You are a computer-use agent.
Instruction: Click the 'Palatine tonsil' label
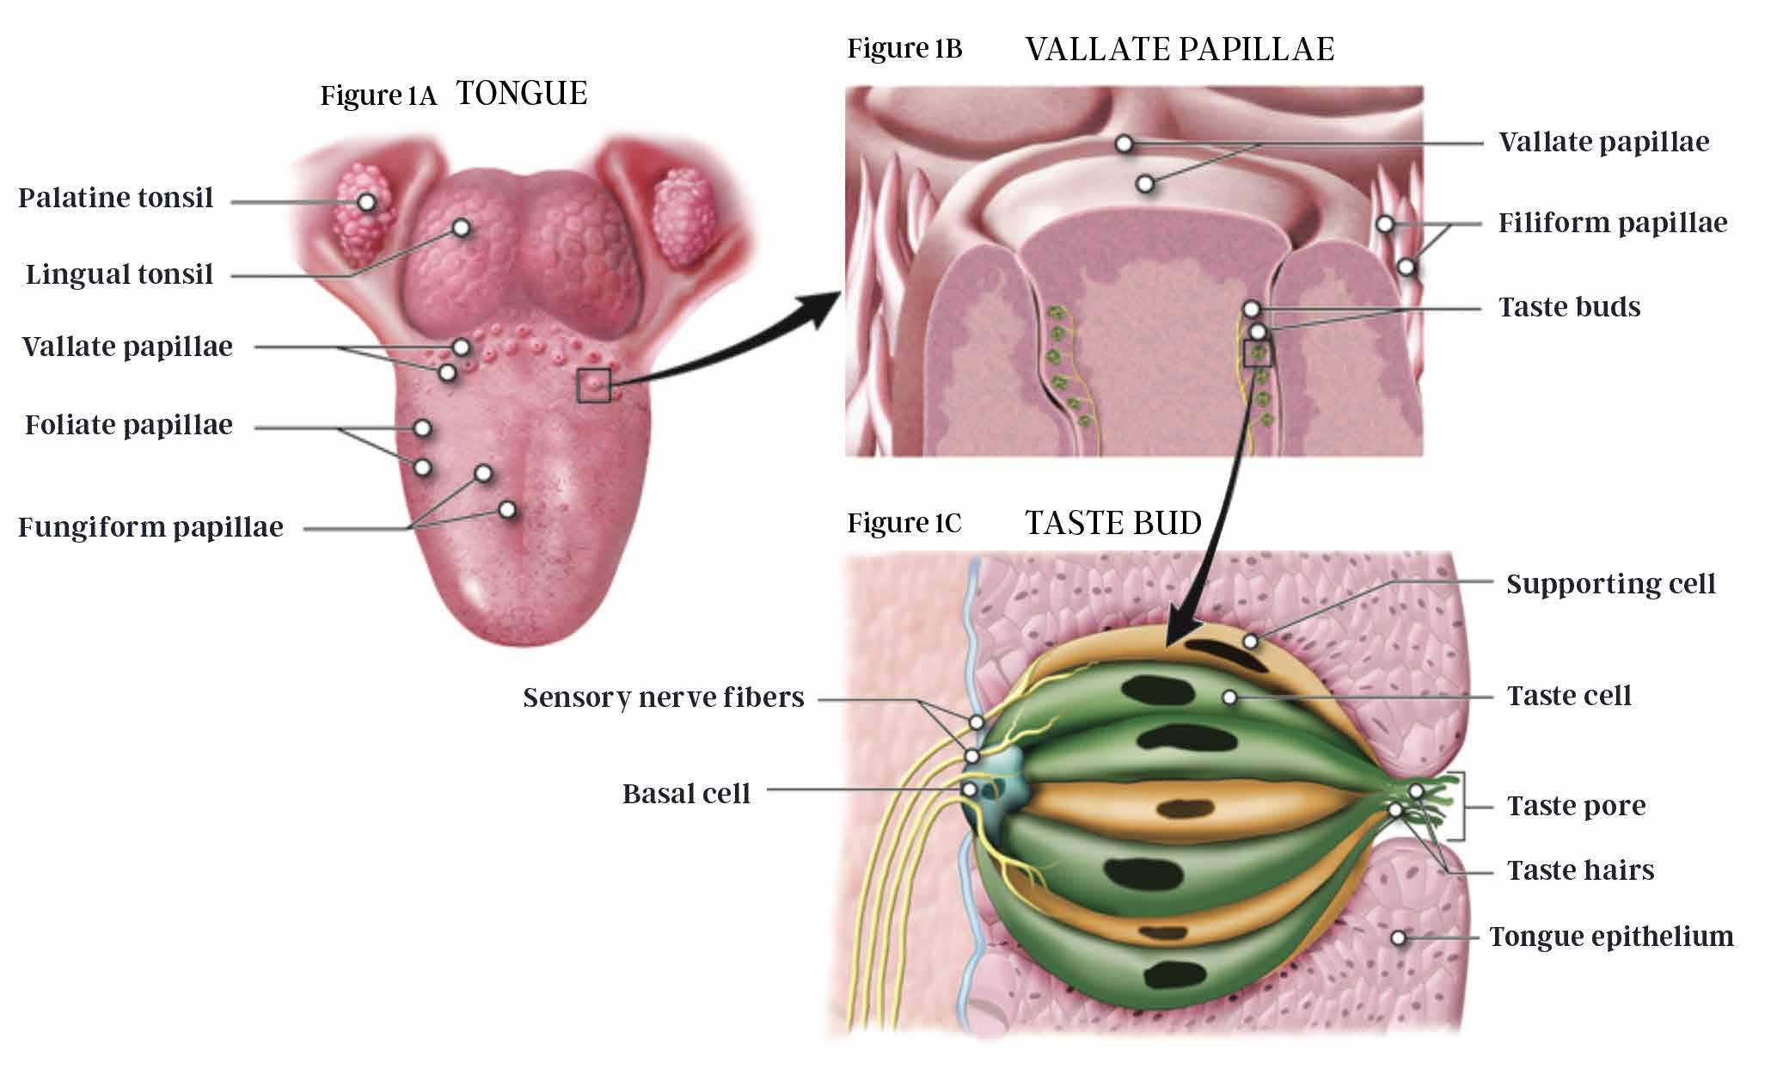pos(115,199)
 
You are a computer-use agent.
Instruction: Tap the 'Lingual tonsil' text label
pos(119,275)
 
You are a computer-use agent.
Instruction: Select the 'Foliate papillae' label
pos(129,426)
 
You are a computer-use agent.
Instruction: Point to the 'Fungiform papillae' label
pos(150,527)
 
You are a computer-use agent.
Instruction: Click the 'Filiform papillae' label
pos(1613,224)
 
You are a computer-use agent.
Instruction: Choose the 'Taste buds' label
pos(1570,307)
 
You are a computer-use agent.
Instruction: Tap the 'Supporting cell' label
pos(1611,584)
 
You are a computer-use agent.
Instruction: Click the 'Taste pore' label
pos(1577,807)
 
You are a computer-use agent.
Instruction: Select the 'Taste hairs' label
pos(1581,870)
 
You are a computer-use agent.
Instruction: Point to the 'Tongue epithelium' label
pos(1611,937)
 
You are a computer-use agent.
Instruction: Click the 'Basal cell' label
pos(686,794)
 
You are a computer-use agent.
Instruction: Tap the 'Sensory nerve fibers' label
pos(664,697)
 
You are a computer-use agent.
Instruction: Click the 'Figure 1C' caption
pos(904,524)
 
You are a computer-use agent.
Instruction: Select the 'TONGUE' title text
pos(522,94)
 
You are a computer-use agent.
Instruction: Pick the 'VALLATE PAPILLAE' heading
pos(1180,50)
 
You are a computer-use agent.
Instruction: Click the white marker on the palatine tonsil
pos(367,202)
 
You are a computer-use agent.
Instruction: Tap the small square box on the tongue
pos(594,385)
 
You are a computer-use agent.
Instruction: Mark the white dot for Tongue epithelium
pos(1399,937)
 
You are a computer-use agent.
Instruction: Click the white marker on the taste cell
pos(1230,697)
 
